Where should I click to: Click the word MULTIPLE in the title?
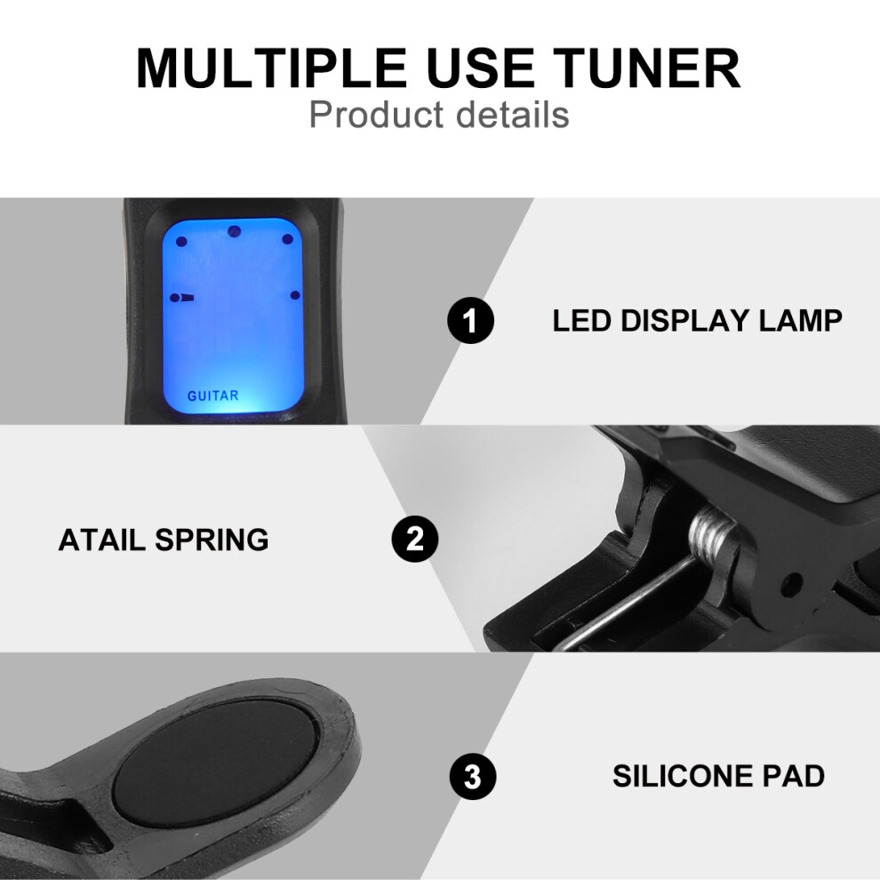271,68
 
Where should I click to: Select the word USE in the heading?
480,68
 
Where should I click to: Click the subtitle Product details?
439,115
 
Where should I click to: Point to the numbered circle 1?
470,321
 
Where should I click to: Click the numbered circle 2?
415,540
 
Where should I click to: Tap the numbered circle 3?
473,777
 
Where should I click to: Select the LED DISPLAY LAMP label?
697,321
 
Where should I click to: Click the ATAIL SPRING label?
164,540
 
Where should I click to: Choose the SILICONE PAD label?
718,776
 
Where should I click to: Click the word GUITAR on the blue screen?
212,396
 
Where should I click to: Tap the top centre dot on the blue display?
234,231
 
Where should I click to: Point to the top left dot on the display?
181,242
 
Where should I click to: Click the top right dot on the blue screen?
287,239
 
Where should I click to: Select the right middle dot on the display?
295,295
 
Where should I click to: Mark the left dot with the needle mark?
176,298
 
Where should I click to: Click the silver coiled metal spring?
712,536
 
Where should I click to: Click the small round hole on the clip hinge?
792,584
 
